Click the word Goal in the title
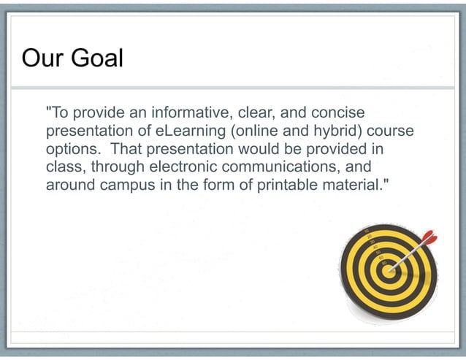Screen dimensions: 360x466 pos(96,58)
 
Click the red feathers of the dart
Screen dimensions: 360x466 pos(427,237)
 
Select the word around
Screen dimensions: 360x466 pos(70,185)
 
